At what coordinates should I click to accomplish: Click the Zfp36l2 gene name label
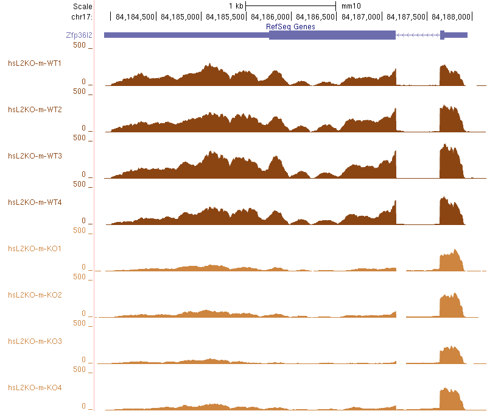coord(79,35)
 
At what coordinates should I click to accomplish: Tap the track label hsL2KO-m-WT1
coord(35,63)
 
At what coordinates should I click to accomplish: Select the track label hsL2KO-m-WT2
coord(35,109)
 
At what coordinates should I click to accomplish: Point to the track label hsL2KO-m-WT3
coord(35,155)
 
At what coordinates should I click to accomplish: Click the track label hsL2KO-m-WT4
coord(35,202)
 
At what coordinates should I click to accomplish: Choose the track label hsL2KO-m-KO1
coord(35,248)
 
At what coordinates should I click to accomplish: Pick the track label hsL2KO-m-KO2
coord(35,295)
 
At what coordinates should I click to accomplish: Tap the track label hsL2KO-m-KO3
coord(35,341)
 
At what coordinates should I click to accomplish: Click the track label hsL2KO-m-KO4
coord(35,387)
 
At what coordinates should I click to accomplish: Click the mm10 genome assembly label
coord(351,6)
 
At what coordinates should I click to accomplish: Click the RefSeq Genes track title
coord(290,27)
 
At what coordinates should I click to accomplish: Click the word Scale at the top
coord(82,6)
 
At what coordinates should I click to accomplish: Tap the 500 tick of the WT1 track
coord(79,45)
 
